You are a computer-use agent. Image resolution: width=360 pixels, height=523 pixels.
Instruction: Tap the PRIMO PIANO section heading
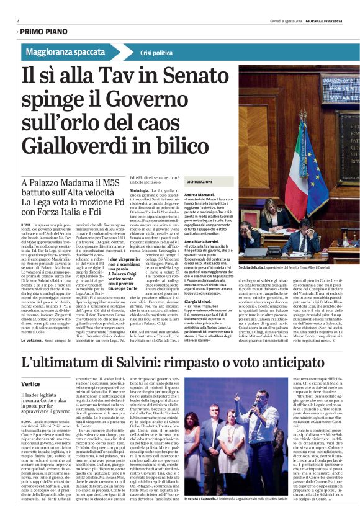click(x=44, y=30)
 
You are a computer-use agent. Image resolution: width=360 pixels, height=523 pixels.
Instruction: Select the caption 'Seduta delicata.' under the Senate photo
click(x=254, y=267)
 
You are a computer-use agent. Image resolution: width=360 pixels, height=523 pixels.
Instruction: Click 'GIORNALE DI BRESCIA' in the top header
click(x=325, y=20)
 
